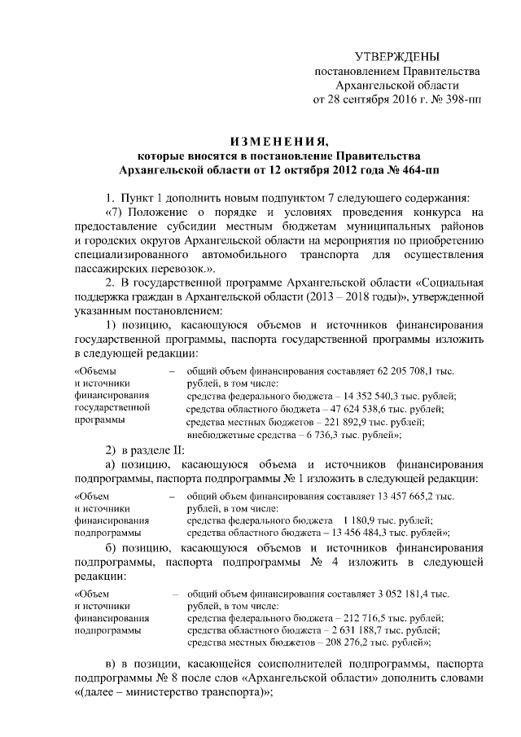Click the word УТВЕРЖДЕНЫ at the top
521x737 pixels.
397,56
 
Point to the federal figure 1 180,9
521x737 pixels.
361,521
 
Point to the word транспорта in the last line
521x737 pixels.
229,692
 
